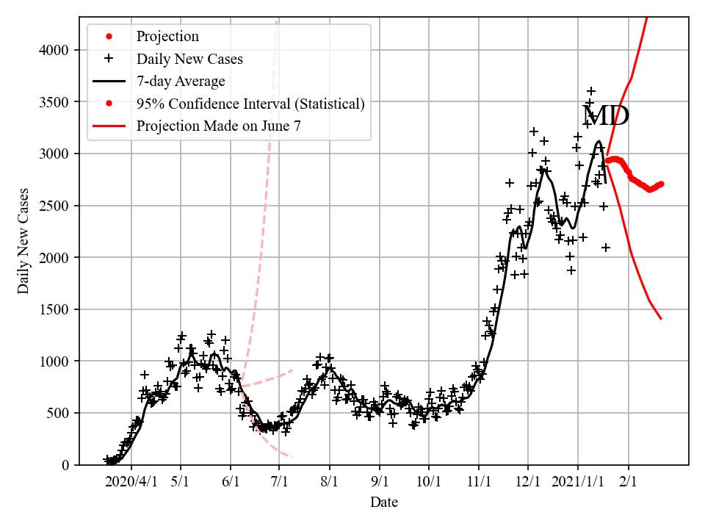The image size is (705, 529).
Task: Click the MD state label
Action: coord(605,116)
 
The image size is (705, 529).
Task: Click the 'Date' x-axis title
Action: coord(384,503)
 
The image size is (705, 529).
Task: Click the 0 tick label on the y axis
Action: coord(66,465)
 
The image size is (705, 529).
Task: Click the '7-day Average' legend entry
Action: coord(181,81)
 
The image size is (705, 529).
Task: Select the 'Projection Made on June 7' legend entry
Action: coord(218,126)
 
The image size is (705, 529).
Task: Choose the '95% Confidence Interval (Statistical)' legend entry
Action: coord(250,104)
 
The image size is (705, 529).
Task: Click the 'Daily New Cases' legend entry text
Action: coord(189,59)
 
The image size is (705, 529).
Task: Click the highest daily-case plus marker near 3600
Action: coord(591,91)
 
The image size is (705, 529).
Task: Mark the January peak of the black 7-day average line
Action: coord(599,142)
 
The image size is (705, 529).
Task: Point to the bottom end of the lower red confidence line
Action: coord(661,319)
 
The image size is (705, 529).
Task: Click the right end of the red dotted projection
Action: coord(662,184)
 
